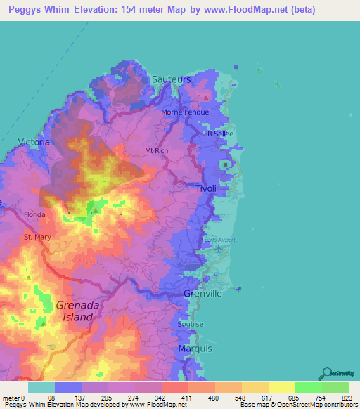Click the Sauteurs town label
pos(171,80)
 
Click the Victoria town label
pos(34,142)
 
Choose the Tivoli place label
pos(205,189)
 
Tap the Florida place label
pos(34,214)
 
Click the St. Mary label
pos(37,238)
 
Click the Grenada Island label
pos(74,311)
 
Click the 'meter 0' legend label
pos(14,398)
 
